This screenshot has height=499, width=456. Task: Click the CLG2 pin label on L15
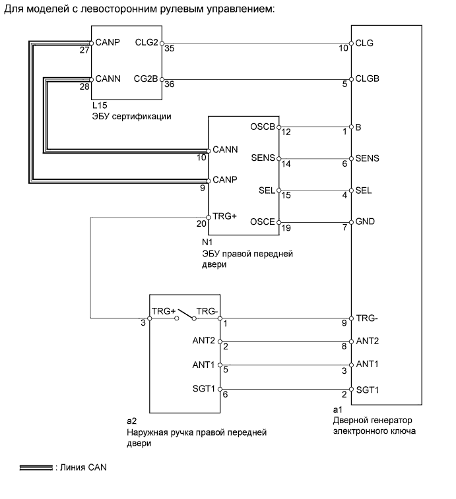[x=147, y=42]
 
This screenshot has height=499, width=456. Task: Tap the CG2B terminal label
[x=147, y=78]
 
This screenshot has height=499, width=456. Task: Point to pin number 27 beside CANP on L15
[x=84, y=49]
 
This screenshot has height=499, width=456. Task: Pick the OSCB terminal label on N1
[x=263, y=126]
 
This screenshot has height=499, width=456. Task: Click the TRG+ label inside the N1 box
[x=224, y=216]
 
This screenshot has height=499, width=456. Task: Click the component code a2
[x=131, y=419]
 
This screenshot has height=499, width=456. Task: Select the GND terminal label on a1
[x=365, y=221]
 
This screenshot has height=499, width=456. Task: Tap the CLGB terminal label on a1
[x=367, y=78]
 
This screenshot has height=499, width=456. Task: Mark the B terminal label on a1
[x=358, y=126]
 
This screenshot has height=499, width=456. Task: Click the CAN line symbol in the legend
[x=36, y=468]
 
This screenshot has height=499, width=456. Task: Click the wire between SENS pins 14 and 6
[x=313, y=159]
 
